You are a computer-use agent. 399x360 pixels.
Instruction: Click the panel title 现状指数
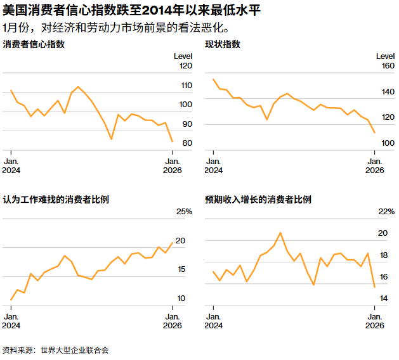(x=222, y=45)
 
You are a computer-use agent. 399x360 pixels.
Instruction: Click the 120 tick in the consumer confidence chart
(x=186, y=66)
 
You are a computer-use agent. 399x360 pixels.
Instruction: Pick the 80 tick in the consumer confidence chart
(x=188, y=143)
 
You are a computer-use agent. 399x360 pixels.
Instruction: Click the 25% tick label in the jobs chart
(x=184, y=211)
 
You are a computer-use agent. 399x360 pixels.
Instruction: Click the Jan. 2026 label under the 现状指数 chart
(x=374, y=166)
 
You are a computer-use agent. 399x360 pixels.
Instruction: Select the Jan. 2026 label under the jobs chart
(x=172, y=321)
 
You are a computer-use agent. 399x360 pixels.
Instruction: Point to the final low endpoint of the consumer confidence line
(x=172, y=141)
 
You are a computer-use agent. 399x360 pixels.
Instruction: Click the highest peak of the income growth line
(x=280, y=233)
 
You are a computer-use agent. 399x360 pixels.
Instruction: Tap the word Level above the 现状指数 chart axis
(x=385, y=56)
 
